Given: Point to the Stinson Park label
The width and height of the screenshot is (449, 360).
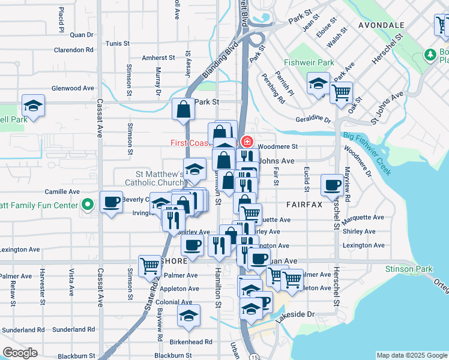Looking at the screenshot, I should coord(411,269).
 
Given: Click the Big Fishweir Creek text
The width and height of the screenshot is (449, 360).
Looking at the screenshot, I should coord(367,153).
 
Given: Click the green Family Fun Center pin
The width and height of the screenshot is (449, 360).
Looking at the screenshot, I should coord(87,205).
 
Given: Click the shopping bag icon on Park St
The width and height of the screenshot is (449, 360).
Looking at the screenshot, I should coord(184,109).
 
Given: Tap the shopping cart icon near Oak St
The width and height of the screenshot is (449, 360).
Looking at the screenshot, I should coord(341,93).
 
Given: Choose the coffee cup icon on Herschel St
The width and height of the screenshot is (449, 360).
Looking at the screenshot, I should coord(332,185).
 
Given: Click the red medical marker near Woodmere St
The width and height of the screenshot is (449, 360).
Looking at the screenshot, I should coord(246,142).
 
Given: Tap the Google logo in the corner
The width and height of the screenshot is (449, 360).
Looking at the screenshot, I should coord(20,353).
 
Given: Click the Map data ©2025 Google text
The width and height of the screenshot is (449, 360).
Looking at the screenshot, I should coord(411,355).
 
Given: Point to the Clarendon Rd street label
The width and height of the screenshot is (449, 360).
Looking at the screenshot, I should coord(74,50).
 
